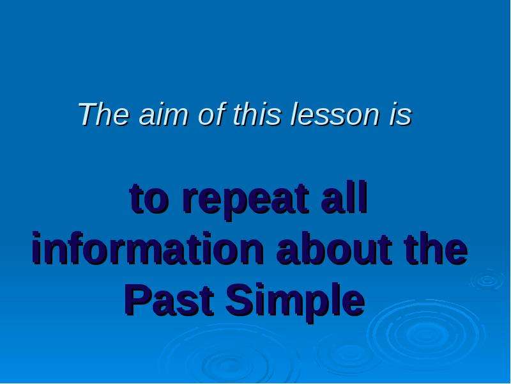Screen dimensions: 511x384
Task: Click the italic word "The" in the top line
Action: tap(103, 114)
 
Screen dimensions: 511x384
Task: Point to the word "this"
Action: tap(257, 114)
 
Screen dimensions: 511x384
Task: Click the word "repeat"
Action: tap(246, 201)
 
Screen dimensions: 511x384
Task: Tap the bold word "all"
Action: tap(344, 198)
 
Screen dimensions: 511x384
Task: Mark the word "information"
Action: tap(148, 248)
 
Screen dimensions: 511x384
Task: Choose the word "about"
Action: tap(334, 248)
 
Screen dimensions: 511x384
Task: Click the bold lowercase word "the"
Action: tap(436, 248)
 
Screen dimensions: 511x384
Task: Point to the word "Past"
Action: tap(169, 300)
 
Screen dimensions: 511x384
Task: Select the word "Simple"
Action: tap(295, 302)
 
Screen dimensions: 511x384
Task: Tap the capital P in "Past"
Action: tap(138, 300)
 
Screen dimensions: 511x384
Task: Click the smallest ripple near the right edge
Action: tap(487, 280)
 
